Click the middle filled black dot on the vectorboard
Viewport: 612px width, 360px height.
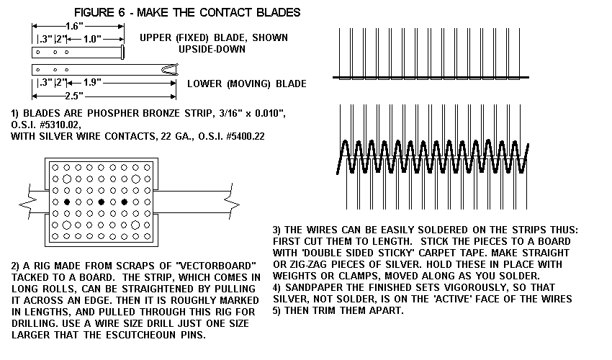pos(102,202)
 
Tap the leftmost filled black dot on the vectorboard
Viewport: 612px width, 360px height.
pos(66,202)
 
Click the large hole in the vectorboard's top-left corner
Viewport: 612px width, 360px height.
pos(55,168)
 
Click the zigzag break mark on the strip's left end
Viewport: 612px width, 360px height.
pos(27,203)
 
